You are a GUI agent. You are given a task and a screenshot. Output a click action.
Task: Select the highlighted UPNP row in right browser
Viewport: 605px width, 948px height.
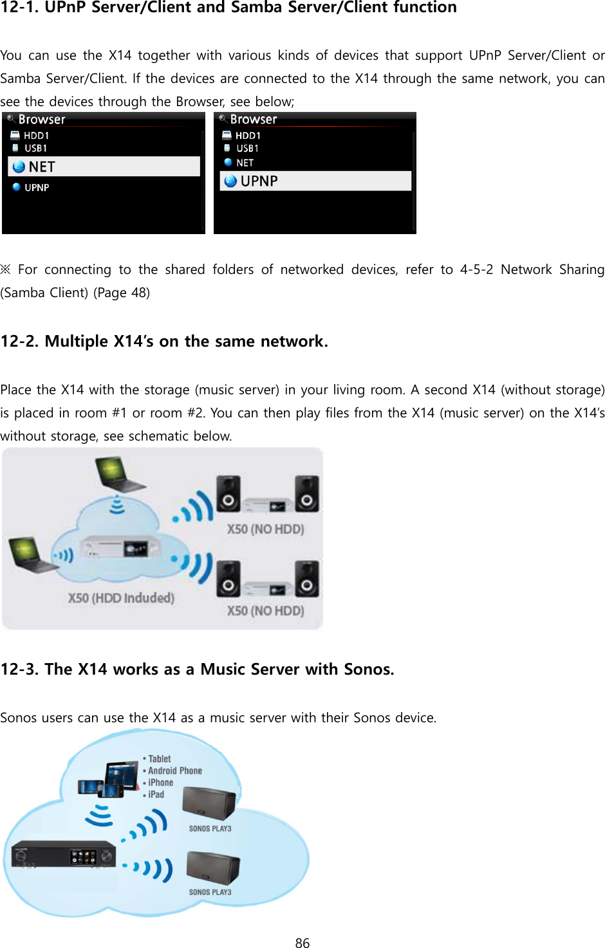(315, 181)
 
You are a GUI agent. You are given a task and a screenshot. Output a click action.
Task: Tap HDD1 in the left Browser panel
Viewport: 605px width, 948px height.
(36, 136)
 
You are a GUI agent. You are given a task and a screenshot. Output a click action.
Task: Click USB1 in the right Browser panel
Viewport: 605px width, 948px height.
(247, 149)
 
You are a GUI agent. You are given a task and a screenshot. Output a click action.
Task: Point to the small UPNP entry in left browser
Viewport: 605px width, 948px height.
(37, 188)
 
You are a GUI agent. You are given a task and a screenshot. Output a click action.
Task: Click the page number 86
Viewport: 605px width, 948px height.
(302, 943)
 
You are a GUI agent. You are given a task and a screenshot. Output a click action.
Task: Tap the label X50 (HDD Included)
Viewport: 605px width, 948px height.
(121, 598)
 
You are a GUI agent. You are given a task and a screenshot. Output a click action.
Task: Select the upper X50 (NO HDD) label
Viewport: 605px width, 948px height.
(265, 529)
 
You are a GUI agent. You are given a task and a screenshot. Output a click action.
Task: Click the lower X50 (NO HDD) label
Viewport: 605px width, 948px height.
(265, 610)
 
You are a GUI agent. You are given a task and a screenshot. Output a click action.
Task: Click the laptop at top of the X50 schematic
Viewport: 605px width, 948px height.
(118, 475)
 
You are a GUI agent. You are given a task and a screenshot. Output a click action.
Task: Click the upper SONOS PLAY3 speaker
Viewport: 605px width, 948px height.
(209, 804)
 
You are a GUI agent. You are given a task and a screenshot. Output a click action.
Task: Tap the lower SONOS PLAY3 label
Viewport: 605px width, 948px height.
(210, 892)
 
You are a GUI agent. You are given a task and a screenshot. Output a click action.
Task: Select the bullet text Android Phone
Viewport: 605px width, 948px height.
(174, 770)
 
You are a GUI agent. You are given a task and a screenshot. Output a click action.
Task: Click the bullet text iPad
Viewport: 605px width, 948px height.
(156, 794)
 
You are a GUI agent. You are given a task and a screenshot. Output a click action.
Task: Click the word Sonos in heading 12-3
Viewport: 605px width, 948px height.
(368, 670)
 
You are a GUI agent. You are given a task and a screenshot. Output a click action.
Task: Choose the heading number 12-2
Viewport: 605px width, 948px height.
(19, 342)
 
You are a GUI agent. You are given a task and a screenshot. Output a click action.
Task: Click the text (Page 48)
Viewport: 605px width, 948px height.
(122, 293)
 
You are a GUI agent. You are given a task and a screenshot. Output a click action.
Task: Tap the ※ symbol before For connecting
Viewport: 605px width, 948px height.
(6, 269)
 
